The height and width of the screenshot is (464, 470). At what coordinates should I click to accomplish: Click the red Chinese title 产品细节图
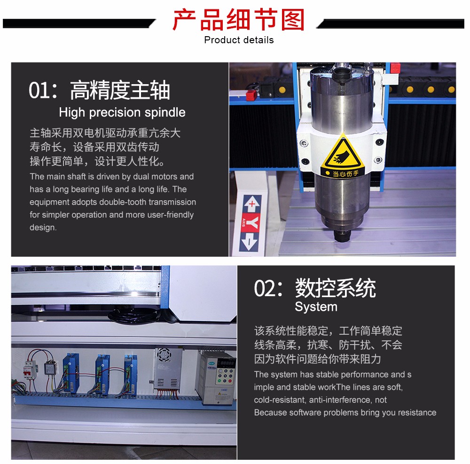pyautogui.click(x=239, y=20)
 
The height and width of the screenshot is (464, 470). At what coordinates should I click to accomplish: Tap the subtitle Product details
pyautogui.click(x=239, y=40)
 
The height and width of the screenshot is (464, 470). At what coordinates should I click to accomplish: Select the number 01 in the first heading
pyautogui.click(x=39, y=90)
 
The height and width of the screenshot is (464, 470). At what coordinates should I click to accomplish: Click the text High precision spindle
pyautogui.click(x=122, y=112)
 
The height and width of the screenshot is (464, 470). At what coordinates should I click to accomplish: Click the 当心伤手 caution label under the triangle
pyautogui.click(x=343, y=173)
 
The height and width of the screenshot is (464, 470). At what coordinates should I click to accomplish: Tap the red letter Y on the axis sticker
pyautogui.click(x=251, y=222)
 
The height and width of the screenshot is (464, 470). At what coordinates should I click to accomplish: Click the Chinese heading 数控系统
pyautogui.click(x=336, y=288)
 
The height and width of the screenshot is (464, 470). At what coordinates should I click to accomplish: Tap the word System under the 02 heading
pyautogui.click(x=316, y=307)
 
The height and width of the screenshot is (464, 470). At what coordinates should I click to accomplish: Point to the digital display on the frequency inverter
pyautogui.click(x=227, y=363)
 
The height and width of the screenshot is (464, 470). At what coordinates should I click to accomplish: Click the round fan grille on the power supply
pyautogui.click(x=164, y=355)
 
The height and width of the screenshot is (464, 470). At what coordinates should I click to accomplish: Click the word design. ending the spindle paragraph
pyautogui.click(x=43, y=228)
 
